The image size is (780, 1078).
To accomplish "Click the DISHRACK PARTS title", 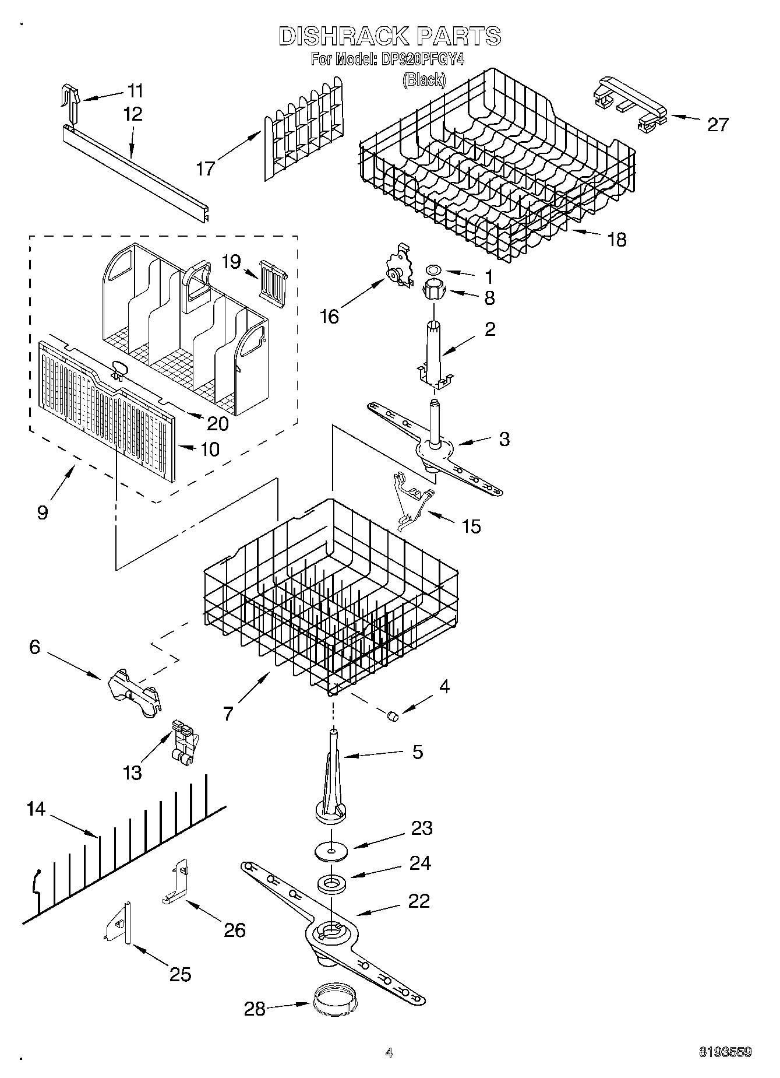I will (390, 36).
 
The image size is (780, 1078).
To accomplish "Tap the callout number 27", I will (717, 124).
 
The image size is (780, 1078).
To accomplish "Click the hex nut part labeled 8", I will (433, 289).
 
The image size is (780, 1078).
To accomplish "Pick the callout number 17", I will (205, 168).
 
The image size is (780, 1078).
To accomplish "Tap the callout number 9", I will (43, 512).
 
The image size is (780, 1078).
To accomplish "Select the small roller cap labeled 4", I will (393, 715).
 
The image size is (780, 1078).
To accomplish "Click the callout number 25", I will (179, 974).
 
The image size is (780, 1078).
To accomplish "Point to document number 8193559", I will (725, 1052).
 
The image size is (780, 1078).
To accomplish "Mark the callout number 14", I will (36, 809).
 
